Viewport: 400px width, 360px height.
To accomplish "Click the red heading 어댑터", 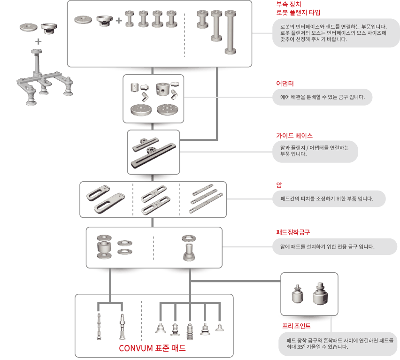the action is [285, 84].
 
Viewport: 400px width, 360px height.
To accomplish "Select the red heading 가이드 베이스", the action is [294, 136].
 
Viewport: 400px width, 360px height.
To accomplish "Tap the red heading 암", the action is [279, 185].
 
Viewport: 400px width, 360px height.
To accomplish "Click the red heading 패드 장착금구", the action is [293, 232].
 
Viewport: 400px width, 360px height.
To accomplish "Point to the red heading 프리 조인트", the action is [296, 326].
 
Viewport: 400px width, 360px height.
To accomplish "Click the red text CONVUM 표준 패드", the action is [152, 348].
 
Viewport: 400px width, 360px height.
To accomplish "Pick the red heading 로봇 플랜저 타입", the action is [298, 13].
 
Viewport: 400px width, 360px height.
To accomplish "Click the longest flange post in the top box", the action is [231, 32].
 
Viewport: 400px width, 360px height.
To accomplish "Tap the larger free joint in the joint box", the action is [320, 294].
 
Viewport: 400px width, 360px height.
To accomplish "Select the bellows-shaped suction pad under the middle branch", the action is [190, 332].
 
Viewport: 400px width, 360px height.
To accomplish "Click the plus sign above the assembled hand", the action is [38, 41].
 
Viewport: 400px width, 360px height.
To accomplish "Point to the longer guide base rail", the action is [154, 155].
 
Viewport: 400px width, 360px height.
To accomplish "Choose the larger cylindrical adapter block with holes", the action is [163, 89].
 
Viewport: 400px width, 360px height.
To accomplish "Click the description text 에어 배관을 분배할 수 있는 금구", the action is [323, 97].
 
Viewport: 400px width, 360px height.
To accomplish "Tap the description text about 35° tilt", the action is [340, 344].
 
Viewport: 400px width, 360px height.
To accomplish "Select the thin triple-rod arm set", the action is [206, 198].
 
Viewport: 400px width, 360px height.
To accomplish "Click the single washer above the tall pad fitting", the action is [189, 238].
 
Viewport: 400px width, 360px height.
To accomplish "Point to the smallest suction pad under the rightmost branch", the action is [219, 327].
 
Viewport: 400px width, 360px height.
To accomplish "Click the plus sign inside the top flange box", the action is [119, 20].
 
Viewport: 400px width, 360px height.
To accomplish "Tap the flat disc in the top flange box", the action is [83, 20].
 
